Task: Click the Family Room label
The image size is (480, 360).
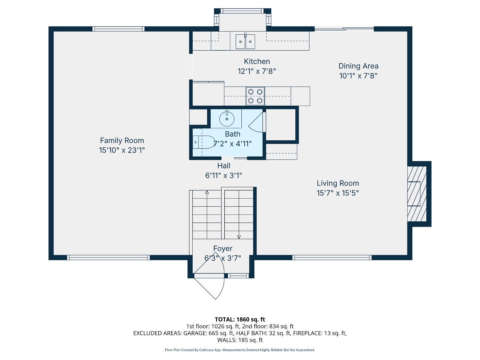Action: [x=122, y=141]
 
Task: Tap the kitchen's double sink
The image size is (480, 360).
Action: [x=245, y=42]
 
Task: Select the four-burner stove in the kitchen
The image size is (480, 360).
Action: [x=255, y=96]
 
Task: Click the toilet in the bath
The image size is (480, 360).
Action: [x=204, y=142]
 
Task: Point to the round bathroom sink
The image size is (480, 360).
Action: [x=227, y=119]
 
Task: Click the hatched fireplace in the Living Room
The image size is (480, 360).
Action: [x=417, y=193]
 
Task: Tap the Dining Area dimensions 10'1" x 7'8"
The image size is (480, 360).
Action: [x=358, y=76]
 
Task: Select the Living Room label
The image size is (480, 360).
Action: [x=338, y=183]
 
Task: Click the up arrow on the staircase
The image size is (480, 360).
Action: [x=207, y=192]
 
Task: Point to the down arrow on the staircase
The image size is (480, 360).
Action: [x=239, y=237]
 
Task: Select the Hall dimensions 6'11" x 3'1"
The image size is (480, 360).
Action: [x=223, y=175]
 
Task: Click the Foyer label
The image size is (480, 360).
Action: [x=223, y=249]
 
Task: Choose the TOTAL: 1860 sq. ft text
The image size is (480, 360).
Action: [x=240, y=319]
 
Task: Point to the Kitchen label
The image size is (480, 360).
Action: [x=257, y=61]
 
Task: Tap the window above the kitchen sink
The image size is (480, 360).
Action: [x=242, y=11]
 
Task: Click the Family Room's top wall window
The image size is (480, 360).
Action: [x=118, y=29]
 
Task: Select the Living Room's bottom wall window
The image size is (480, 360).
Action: [x=332, y=257]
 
